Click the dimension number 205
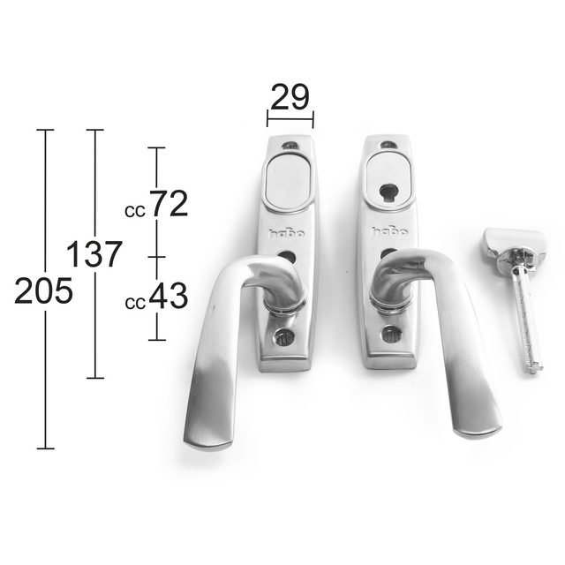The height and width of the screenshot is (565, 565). click(43, 290)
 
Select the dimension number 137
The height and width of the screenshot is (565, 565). click(94, 254)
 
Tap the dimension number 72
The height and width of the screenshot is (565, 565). click(169, 204)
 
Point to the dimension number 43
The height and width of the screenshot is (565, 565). click(169, 296)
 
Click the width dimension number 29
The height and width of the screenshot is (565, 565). click(290, 96)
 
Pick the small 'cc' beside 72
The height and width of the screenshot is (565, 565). click(135, 212)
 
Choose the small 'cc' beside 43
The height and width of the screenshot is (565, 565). click(135, 304)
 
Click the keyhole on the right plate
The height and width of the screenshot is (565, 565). click(386, 192)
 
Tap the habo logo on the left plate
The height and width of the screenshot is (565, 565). click(286, 233)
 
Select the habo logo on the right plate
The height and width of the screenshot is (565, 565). click(389, 231)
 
